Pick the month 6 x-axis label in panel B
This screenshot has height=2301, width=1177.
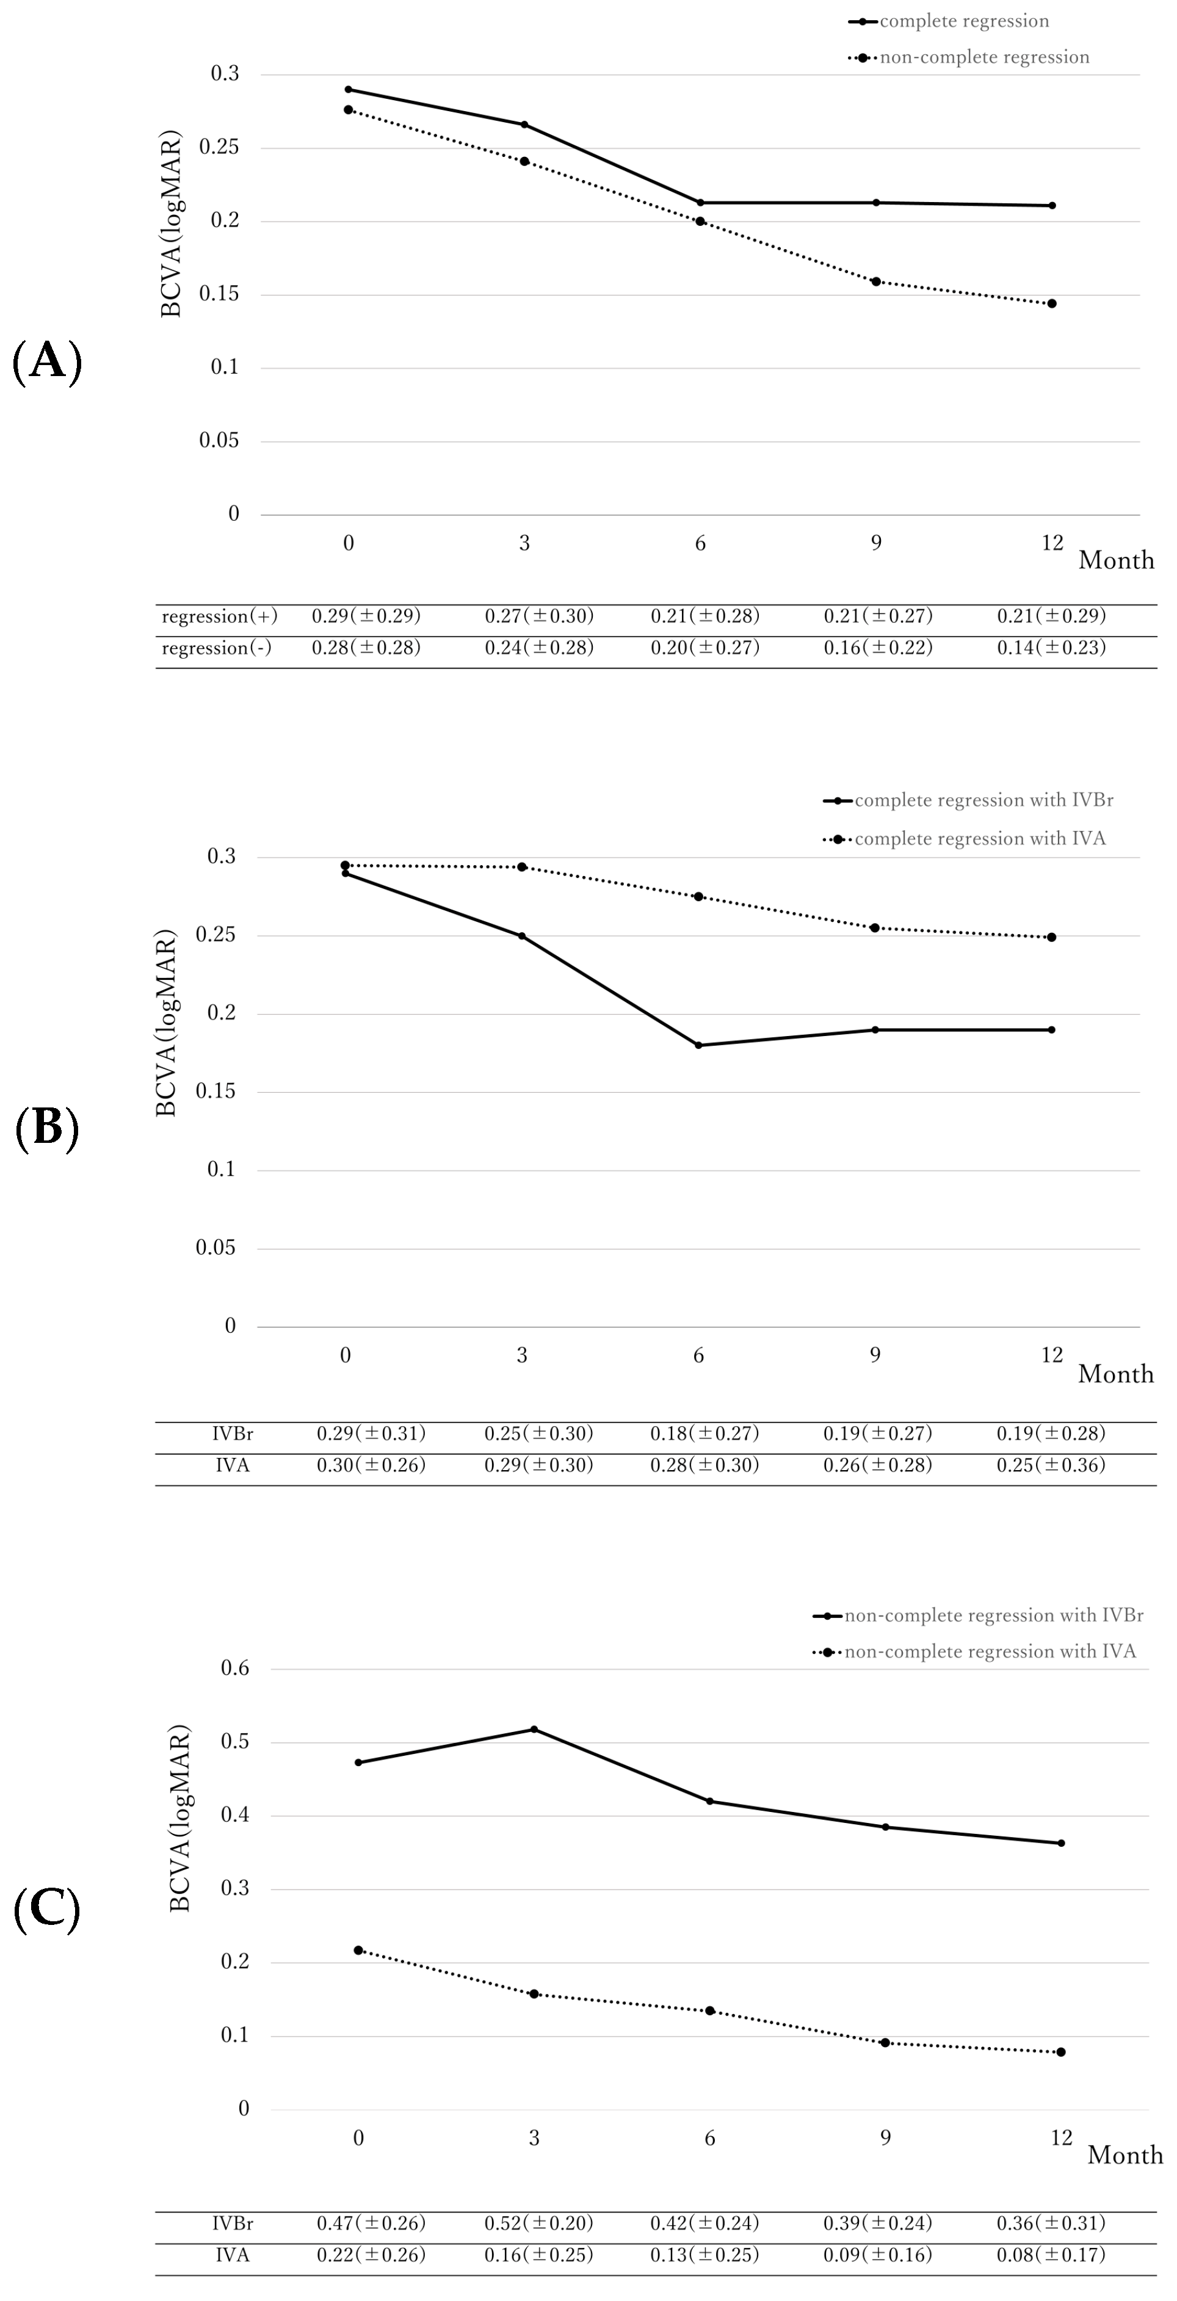[x=698, y=1356]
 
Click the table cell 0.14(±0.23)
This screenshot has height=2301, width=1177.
[x=1051, y=648]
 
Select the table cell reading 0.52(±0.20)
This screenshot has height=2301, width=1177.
[x=538, y=2222]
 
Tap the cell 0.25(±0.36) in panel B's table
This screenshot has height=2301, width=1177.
[x=1051, y=1465]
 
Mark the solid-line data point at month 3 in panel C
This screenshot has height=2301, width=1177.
[x=534, y=1730]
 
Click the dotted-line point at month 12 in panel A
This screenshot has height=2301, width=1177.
[x=1052, y=303]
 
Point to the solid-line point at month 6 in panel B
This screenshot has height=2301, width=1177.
[x=698, y=1045]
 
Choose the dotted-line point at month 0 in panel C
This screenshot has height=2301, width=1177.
[x=358, y=1950]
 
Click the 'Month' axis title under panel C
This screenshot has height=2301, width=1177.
[x=1125, y=2156]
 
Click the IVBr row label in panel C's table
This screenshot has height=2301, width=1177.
[x=232, y=2222]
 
